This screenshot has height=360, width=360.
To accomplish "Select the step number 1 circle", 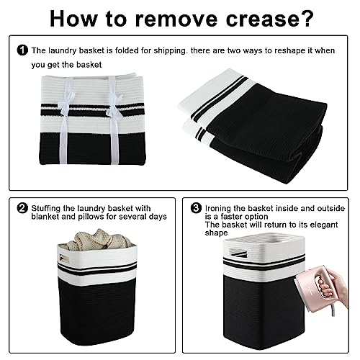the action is pyautogui.click(x=22, y=50).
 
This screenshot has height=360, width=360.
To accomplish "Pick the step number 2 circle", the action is pyautogui.click(x=22, y=208).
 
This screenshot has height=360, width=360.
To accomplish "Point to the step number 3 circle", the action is pyautogui.click(x=196, y=208).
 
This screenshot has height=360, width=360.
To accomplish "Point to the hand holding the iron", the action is pyautogui.click(x=336, y=286).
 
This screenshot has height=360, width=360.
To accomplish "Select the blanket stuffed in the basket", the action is pyautogui.click(x=98, y=239).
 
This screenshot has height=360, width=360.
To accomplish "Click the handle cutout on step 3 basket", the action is pyautogui.click(x=238, y=253).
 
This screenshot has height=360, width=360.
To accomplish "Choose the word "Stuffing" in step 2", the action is pyautogui.click(x=45, y=209).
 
